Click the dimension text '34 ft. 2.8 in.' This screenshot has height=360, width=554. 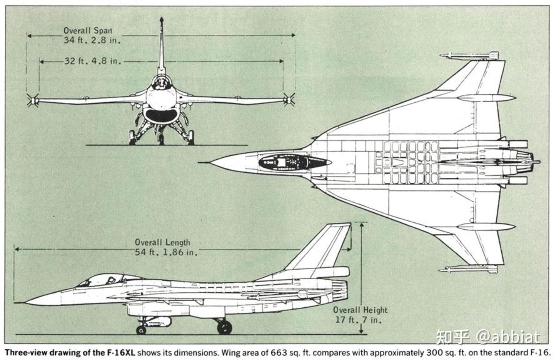click(x=92, y=40)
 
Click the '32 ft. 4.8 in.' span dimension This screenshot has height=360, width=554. click(x=92, y=61)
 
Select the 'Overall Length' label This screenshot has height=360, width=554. click(x=162, y=242)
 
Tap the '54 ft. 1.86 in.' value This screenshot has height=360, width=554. click(x=166, y=252)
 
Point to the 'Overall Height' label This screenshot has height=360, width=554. click(x=360, y=310)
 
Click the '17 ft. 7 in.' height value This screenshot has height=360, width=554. click(x=358, y=320)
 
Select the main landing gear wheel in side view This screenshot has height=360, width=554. click(x=224, y=327)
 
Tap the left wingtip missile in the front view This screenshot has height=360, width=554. click(x=33, y=101)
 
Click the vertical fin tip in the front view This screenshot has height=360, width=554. click(x=161, y=19)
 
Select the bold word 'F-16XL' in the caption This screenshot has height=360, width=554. click(x=121, y=352)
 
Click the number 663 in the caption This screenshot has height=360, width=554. click(x=279, y=352)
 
